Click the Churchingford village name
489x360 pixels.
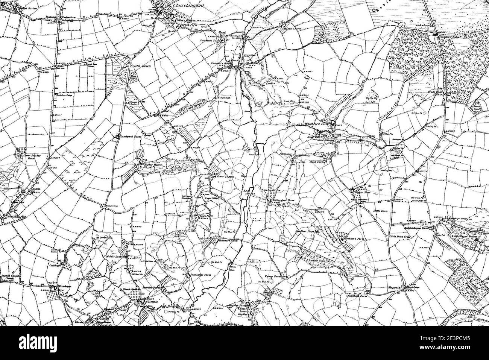pyautogui.click(x=187, y=6)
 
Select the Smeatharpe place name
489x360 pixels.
pyautogui.click(x=13, y=216)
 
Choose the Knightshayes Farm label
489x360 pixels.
pyautogui.click(x=417, y=228)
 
